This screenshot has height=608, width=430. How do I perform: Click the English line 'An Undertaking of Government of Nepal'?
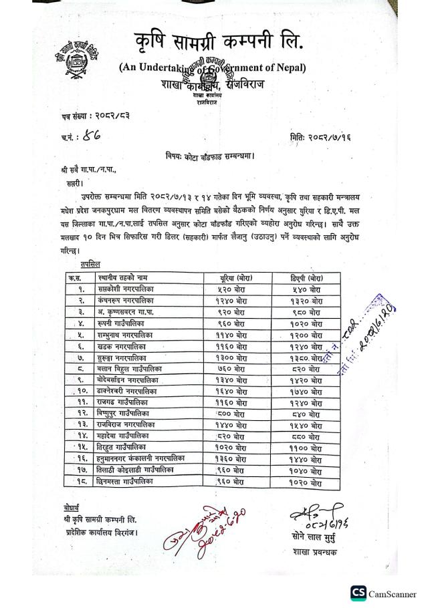[x=213, y=67]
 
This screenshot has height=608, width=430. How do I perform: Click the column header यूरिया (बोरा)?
[x=235, y=277]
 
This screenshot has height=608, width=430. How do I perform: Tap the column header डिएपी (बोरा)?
[x=308, y=277]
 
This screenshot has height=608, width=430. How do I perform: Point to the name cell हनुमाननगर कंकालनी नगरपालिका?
[x=141, y=460]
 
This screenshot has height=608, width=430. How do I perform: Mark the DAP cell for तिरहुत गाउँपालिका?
[x=308, y=448]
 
